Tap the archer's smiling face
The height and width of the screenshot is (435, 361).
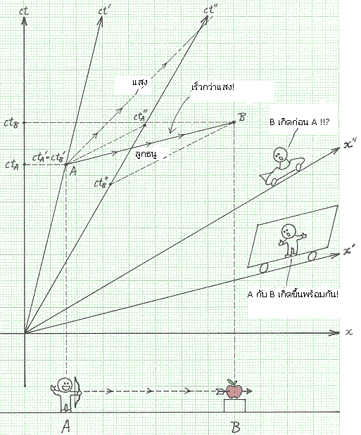click(x=65, y=386)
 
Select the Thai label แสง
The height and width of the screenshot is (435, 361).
click(x=140, y=82)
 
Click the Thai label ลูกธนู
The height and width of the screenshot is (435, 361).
click(x=146, y=154)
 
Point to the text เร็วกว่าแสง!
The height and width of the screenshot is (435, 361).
click(x=213, y=87)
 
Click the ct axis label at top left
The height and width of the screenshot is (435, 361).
click(x=24, y=11)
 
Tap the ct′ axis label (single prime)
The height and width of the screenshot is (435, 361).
click(x=103, y=11)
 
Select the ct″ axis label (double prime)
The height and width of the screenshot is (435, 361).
click(x=210, y=10)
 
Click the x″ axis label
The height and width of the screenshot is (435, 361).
click(x=350, y=144)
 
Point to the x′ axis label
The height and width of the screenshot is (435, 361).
click(x=349, y=250)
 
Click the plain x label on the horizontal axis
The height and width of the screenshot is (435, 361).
click(x=349, y=332)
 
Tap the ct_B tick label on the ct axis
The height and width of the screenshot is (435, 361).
click(x=11, y=123)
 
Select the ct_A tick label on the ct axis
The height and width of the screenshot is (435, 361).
click(x=12, y=164)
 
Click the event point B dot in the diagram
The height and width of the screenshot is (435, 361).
click(x=234, y=122)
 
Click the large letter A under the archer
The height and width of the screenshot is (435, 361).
click(x=65, y=426)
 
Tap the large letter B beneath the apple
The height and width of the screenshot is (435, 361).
click(x=236, y=427)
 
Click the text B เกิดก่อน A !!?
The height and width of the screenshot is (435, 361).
click(x=299, y=122)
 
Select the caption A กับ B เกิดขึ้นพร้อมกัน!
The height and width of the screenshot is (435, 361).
click(x=293, y=294)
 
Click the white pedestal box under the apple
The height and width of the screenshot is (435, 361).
click(x=234, y=405)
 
